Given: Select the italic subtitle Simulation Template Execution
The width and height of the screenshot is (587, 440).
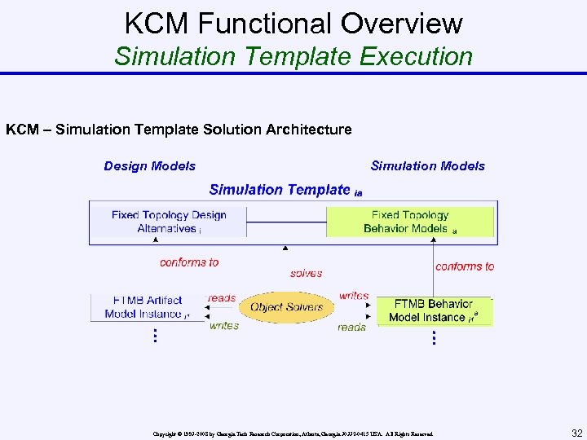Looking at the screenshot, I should point(293,56).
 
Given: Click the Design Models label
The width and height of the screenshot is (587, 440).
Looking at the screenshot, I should point(150,166).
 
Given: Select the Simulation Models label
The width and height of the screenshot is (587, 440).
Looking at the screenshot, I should point(427,166).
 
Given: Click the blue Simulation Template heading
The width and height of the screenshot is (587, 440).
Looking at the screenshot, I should point(280,190).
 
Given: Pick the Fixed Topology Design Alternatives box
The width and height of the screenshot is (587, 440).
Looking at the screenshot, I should point(169,222).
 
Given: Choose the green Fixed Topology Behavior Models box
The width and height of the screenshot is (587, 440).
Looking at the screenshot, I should point(410,222).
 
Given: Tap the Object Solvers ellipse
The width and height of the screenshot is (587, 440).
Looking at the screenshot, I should point(286,307).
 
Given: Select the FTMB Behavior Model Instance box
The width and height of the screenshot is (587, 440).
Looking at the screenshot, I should point(433,310).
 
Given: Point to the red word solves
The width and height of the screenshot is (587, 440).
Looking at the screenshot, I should point(306,274).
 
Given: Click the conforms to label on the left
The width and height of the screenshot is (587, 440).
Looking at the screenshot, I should point(189,262).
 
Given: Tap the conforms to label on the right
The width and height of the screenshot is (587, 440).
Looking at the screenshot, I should point(465,266).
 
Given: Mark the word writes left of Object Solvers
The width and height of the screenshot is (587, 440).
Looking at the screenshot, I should point(224,326).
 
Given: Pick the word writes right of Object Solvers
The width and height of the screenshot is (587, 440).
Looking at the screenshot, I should point(354,296).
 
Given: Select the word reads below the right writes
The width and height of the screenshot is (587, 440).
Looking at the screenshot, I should point(351,327).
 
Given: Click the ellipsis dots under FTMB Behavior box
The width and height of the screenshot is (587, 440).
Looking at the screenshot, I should point(434,337).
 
